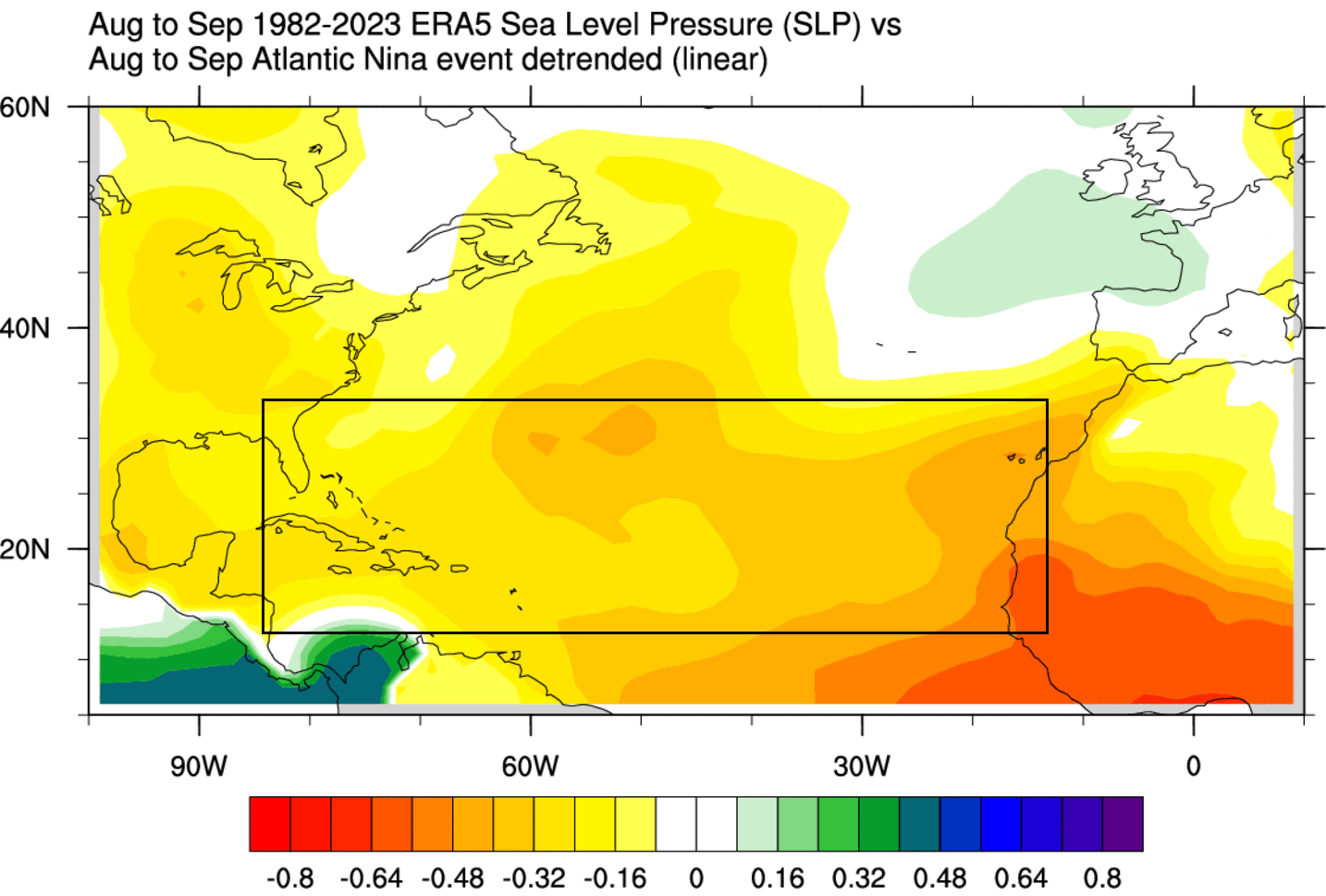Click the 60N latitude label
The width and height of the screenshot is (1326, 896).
pos(25,107)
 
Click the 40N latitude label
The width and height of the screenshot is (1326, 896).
pos(25,328)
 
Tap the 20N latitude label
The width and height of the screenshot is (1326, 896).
pos(25,549)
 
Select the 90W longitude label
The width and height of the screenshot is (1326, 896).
pos(199,767)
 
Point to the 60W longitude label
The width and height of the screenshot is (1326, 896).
pos(530,767)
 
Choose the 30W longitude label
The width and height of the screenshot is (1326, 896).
pos(862,767)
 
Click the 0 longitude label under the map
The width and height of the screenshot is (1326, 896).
pos(1193,767)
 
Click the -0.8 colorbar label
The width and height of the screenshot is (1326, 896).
pos(289,878)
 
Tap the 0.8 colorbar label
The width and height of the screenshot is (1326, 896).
pos(1102,878)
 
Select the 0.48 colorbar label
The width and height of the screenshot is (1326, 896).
pos(939,878)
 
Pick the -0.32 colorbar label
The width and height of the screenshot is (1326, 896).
pos(534,878)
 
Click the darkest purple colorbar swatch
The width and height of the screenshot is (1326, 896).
pos(1123,823)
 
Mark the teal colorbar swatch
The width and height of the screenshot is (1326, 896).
pos(919,823)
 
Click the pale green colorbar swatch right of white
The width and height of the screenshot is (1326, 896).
pos(757,823)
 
